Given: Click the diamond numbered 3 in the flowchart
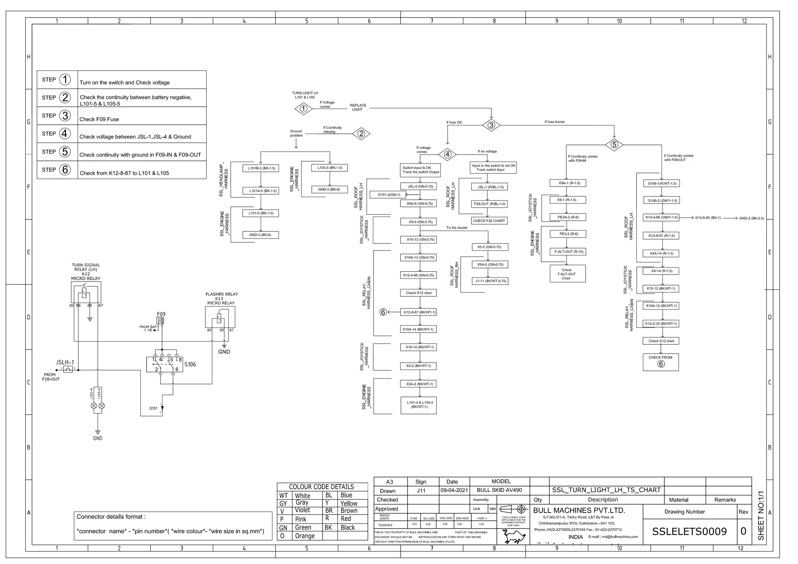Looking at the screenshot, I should coord(491,125).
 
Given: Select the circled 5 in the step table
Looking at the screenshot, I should coord(65,152).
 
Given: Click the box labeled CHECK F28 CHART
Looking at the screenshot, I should coord(489,221).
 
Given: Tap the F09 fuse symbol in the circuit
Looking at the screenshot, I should coord(161,320).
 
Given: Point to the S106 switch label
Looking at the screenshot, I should coord(190,365).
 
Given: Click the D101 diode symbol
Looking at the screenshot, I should coord(162,408).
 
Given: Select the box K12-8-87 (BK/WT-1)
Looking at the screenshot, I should coord(419,312).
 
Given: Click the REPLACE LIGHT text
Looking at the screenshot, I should coord(358,108).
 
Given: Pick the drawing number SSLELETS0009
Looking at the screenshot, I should coord(689,532).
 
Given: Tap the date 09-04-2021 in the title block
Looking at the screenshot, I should coord(454,490).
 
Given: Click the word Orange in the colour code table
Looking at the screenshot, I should coord(305,536).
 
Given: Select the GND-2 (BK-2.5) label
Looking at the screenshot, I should coord(751,218).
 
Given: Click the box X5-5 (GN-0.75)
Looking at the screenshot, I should coord(489,247).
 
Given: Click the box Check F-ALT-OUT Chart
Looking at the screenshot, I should coord(567,274).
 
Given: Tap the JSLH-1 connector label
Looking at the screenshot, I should coord(65,362).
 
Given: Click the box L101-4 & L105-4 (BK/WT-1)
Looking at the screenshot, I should coord(419,405).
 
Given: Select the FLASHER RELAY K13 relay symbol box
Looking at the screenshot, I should coord(220,317).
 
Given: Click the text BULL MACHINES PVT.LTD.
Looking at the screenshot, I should coord(579,510).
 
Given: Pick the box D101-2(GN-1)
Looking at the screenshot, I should coord(389,195).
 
